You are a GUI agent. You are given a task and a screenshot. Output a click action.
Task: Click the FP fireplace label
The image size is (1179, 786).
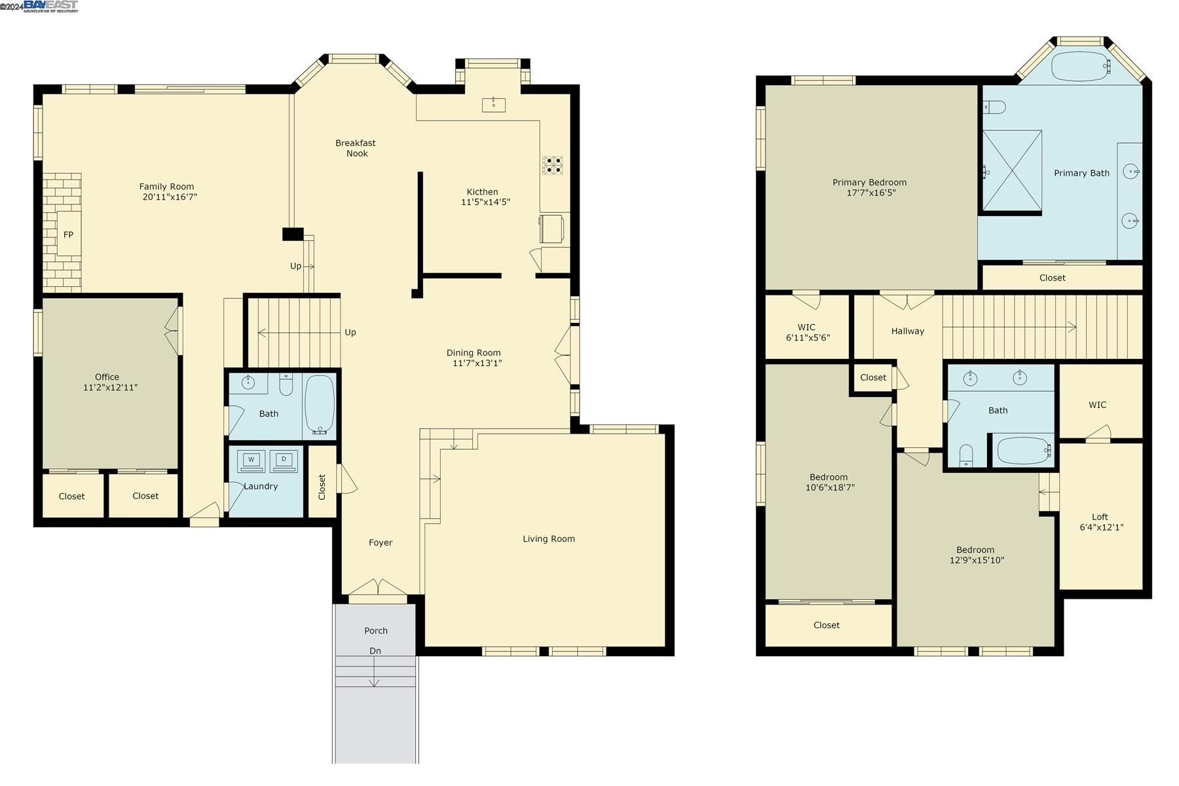coord(68,234)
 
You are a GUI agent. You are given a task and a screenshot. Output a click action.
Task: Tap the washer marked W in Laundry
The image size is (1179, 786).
coord(251,460)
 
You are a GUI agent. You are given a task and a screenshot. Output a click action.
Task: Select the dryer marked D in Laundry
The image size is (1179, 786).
coord(284,460)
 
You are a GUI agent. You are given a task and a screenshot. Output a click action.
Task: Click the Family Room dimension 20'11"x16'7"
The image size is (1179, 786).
coord(170,196)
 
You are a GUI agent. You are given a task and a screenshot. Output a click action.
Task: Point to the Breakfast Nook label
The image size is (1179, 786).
coord(356,148)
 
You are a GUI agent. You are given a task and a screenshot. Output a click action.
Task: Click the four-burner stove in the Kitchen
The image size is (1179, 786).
coord(552,165)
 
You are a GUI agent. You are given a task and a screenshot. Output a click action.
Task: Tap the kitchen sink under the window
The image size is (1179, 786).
coord(493,104)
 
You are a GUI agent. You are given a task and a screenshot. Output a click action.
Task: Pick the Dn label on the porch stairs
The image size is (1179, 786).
coord(375,650)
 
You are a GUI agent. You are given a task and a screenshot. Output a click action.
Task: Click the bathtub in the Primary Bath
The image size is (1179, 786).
coord(1081,66)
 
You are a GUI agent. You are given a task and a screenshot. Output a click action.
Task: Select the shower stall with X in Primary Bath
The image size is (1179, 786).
coord(1012,171)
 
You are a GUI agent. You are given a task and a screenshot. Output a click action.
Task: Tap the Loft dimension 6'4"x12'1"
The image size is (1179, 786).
coord(1101,527)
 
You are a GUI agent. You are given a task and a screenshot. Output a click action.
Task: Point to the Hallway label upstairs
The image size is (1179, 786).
coord(907,331)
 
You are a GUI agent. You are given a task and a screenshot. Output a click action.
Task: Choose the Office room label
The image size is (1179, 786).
coord(107,377)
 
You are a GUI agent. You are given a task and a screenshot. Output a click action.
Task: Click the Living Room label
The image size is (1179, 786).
coord(548,538)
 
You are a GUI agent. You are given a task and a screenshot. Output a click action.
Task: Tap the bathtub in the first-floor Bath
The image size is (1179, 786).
coord(320,404)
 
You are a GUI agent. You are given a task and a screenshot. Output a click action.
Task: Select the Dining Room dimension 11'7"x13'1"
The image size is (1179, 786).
coord(477,363)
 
